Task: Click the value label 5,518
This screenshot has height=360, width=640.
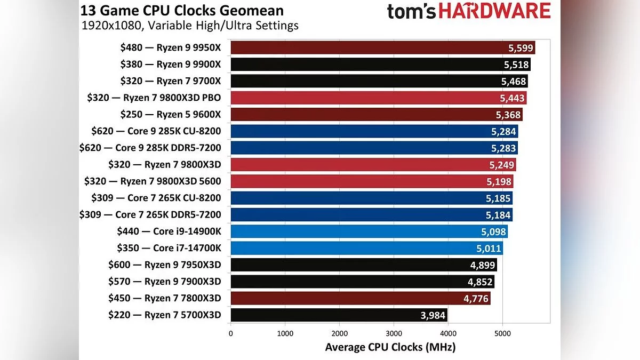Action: click(516, 65)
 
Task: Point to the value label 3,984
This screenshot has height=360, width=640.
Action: click(433, 315)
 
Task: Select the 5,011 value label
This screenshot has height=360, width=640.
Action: click(489, 248)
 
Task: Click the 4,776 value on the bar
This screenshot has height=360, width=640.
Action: click(476, 298)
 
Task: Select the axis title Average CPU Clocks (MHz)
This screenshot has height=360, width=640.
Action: click(390, 347)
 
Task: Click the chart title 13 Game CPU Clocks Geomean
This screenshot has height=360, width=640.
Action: click(182, 10)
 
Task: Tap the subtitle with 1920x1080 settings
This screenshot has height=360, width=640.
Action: click(190, 25)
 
